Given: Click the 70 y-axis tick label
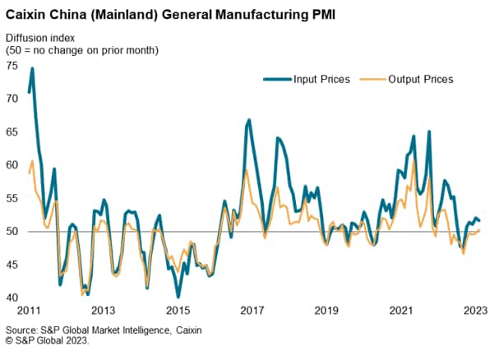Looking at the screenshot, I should pyautogui.click(x=12, y=99).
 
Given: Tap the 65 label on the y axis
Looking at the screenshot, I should pyautogui.click(x=12, y=132).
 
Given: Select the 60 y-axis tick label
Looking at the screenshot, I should pyautogui.click(x=12, y=165).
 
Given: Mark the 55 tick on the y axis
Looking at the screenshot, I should pyautogui.click(x=12, y=198).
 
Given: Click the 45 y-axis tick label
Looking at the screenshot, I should pyautogui.click(x=12, y=265).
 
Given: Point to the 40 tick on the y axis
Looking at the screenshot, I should pyautogui.click(x=12, y=298).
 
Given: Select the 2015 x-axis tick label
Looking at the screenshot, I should pyautogui.click(x=178, y=312).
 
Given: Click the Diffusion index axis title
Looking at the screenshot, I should pyautogui.click(x=40, y=38).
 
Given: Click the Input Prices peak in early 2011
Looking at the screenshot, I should pyautogui.click(x=32, y=68).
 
